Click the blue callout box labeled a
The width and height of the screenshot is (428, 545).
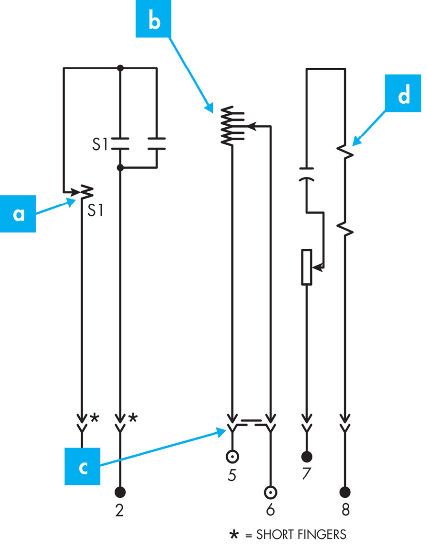click(18, 214)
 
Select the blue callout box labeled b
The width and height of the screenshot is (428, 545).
click(153, 18)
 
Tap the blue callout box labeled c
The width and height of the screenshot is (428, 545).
click(82, 467)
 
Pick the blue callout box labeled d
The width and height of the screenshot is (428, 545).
click(403, 93)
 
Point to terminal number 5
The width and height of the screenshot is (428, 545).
click(232, 475)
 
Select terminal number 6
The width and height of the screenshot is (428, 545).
click(270, 510)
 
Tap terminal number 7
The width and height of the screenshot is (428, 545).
click(306, 474)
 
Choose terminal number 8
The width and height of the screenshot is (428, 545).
click(345, 510)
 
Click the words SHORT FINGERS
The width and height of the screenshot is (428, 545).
click(301, 534)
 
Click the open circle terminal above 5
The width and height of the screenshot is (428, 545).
click(232, 456)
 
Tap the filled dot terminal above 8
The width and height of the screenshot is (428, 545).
click(345, 492)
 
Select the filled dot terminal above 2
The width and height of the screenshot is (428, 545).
click(120, 492)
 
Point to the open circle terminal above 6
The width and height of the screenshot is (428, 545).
click(270, 492)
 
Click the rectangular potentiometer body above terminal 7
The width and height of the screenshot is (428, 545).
click(306, 267)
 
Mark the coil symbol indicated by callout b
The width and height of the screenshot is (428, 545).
click(232, 126)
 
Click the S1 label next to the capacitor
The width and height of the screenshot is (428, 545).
click(100, 144)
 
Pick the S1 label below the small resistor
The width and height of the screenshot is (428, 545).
click(95, 210)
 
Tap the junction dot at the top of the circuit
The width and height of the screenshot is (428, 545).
click(120, 68)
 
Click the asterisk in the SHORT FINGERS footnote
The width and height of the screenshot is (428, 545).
click(235, 534)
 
